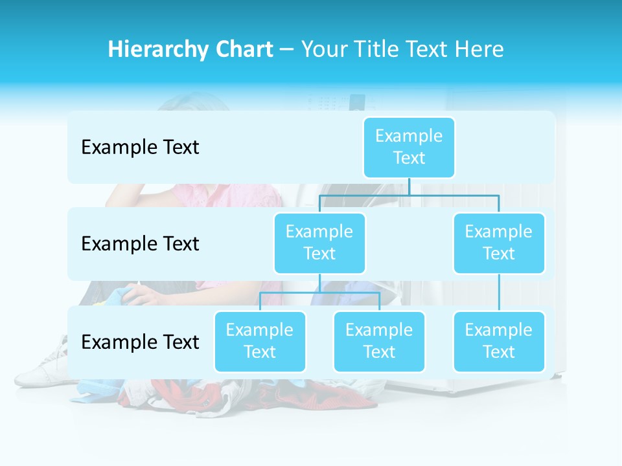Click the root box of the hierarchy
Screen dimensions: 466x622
(x=409, y=147)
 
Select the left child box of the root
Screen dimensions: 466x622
(x=319, y=243)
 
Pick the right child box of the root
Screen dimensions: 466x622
(x=499, y=243)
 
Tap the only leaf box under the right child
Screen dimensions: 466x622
(x=499, y=341)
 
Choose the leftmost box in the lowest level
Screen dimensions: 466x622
(x=260, y=341)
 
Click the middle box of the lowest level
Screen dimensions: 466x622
(x=379, y=341)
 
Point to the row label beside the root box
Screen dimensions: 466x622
(x=140, y=148)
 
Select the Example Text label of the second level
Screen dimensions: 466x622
(x=140, y=244)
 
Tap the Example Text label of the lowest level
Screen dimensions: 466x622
(x=140, y=342)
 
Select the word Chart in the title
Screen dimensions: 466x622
(x=244, y=49)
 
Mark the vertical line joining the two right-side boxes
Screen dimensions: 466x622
(x=499, y=293)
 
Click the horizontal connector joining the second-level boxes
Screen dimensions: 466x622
(x=409, y=195)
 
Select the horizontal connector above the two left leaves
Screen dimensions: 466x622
(x=319, y=293)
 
